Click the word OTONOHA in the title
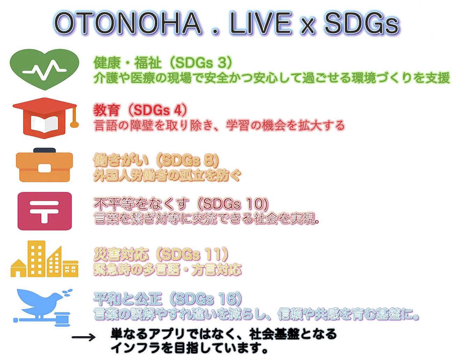point(128,23)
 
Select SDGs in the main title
point(362,23)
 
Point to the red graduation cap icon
point(45,118)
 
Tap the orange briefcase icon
point(44,165)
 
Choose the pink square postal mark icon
point(45,211)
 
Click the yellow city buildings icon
point(44,259)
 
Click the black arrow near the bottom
point(83,337)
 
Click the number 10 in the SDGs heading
point(254,204)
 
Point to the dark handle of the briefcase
point(44,150)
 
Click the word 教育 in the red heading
point(106,110)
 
